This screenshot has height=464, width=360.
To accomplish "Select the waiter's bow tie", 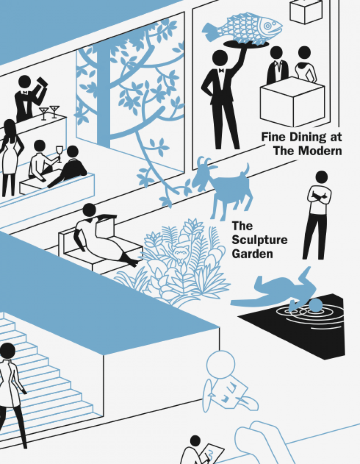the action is tap(221, 70).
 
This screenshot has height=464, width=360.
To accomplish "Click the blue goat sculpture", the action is tap(222, 187).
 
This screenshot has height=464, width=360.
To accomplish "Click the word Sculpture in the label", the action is tap(260, 240).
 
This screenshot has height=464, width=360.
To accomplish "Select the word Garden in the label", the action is tap(252, 254).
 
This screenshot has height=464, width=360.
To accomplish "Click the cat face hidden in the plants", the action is tap(181, 252).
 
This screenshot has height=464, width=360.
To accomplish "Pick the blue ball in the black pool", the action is tap(316, 305).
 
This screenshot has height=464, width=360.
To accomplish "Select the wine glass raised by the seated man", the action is tap(60, 153).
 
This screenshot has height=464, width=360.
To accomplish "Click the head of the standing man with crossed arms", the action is tap(322, 177).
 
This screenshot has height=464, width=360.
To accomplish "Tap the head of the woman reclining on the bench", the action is tap(89, 210).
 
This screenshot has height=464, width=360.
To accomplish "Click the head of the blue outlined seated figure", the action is tap(221, 364).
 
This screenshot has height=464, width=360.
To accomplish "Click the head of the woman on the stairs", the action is tap(8, 351).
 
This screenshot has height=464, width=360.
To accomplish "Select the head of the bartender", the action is tap(24, 82).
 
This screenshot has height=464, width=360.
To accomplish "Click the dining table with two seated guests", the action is tap(292, 101).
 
